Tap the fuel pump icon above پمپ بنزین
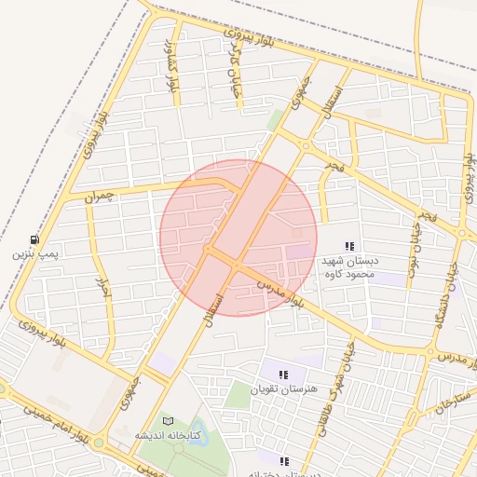(35, 238)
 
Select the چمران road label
(98, 197)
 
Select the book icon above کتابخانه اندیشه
(168, 421)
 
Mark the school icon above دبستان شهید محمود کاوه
(349, 247)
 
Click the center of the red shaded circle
(238, 238)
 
